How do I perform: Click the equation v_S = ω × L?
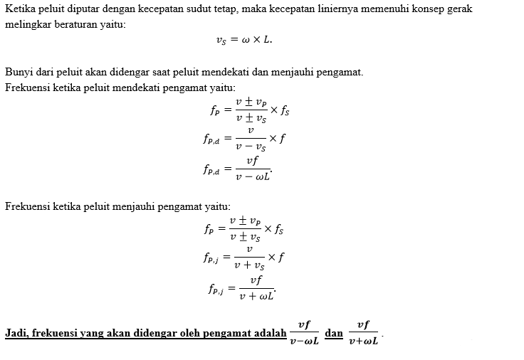(x=243, y=40)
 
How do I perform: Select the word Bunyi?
(x=17, y=73)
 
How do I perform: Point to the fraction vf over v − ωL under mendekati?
(x=251, y=169)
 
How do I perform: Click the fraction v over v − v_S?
(x=250, y=139)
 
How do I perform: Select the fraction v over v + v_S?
(x=250, y=258)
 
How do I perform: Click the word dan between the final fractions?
(x=334, y=333)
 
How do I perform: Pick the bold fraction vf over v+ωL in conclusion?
(x=364, y=333)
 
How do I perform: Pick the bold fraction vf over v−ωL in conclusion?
(x=304, y=333)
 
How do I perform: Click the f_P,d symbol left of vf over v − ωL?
(x=213, y=169)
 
